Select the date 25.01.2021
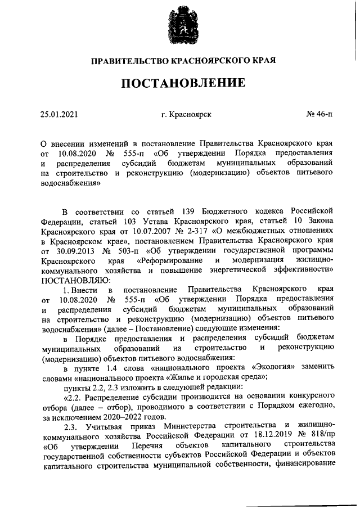pos(59,115)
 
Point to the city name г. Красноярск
pos(186,115)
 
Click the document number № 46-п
pos(319,115)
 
